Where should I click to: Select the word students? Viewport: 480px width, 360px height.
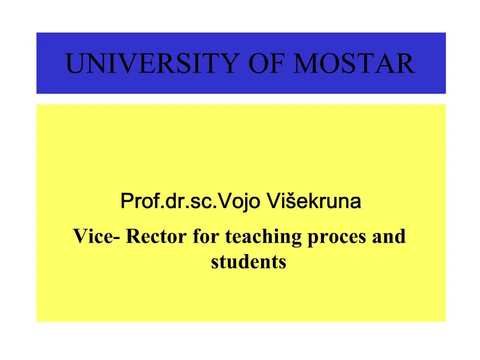point(248,262)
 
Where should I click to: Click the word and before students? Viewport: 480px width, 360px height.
point(389,237)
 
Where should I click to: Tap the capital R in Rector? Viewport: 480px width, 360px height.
point(133,237)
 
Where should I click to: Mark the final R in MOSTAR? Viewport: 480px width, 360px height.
point(405,64)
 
